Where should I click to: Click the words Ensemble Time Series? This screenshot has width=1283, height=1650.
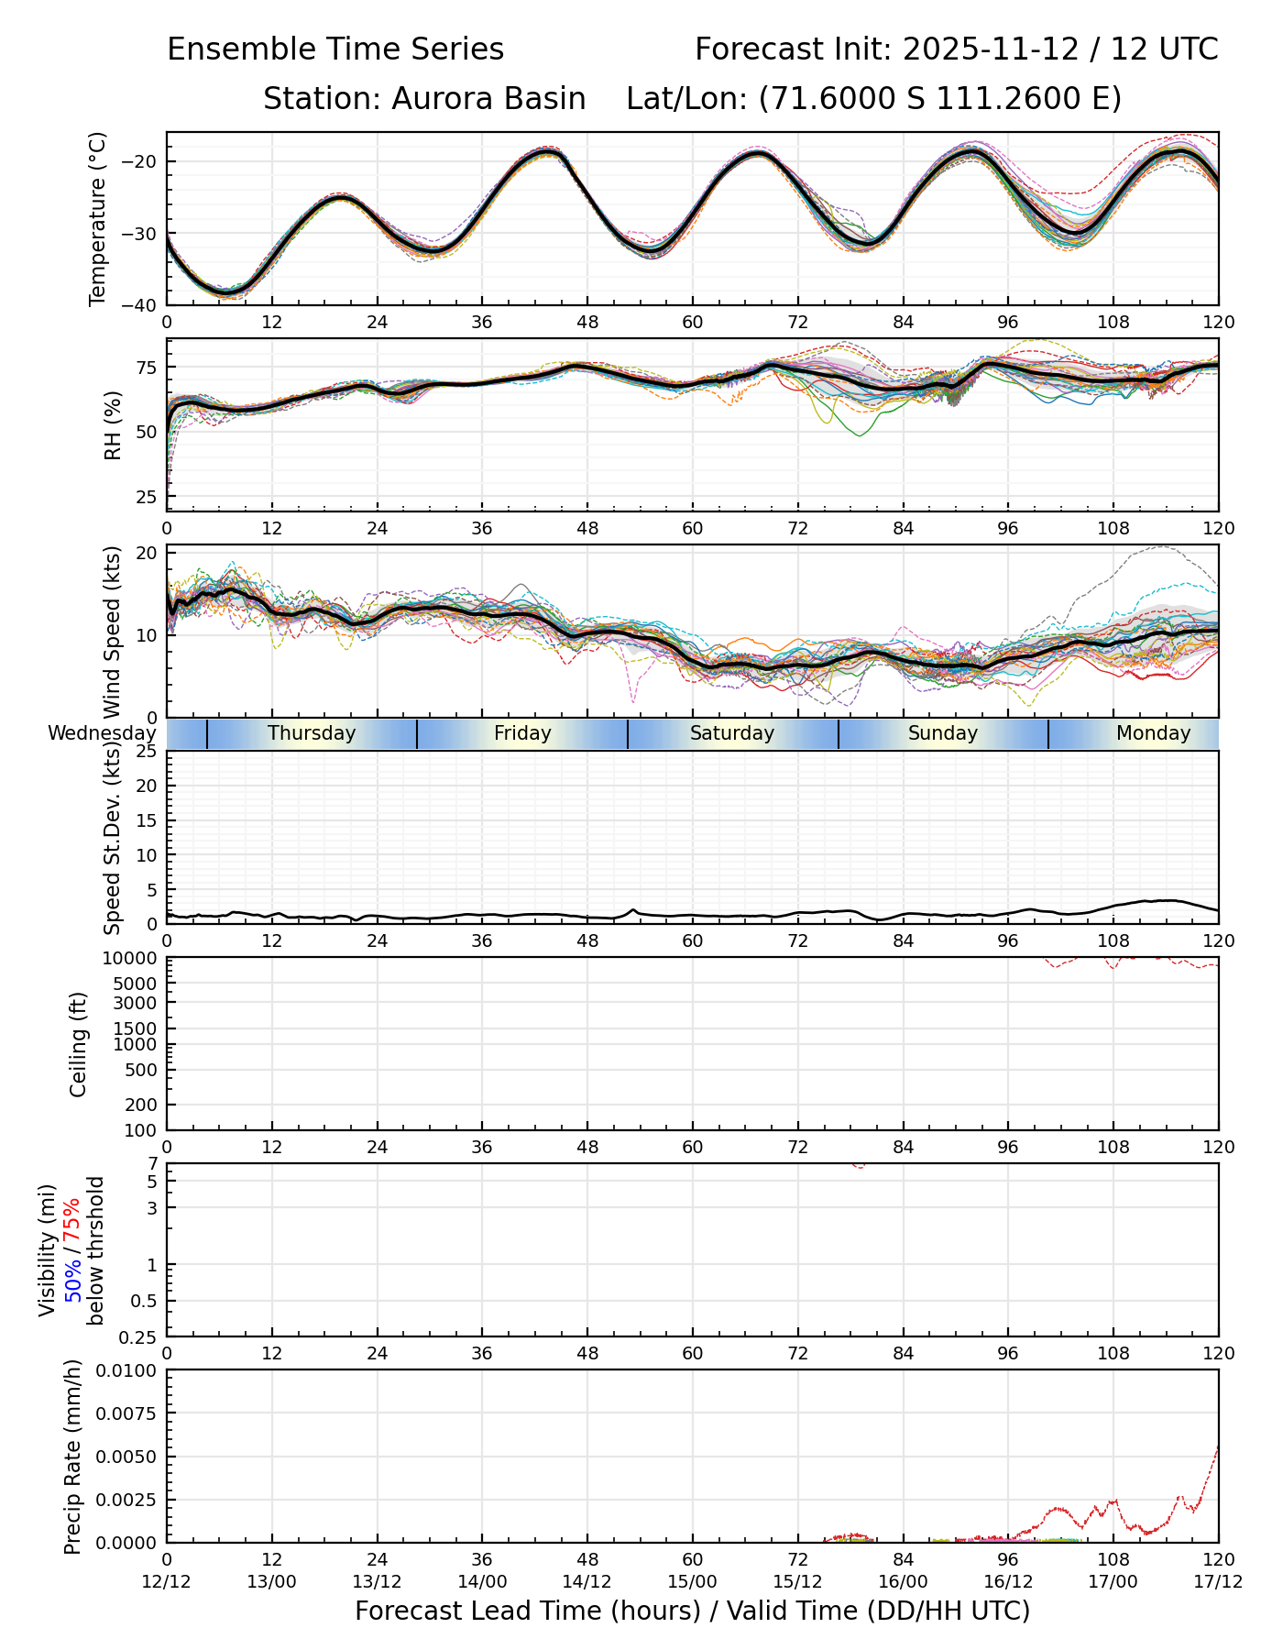[335, 49]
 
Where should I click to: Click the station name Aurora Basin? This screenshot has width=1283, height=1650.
[488, 99]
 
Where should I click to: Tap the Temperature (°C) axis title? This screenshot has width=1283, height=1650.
[98, 218]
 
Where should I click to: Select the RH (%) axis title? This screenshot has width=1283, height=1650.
[114, 424]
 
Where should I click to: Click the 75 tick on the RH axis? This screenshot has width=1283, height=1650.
[148, 368]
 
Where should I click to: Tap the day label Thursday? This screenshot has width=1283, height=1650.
[312, 733]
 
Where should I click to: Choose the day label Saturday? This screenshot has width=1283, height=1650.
[732, 733]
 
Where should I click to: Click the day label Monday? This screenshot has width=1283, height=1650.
[1153, 733]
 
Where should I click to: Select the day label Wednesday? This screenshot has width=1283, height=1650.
[102, 733]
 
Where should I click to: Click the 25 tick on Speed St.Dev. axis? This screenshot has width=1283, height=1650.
[148, 752]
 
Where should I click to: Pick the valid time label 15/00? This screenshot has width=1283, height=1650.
[692, 1581]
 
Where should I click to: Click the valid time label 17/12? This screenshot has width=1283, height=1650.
[1218, 1581]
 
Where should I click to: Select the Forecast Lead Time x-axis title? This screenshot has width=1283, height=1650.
[692, 1611]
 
